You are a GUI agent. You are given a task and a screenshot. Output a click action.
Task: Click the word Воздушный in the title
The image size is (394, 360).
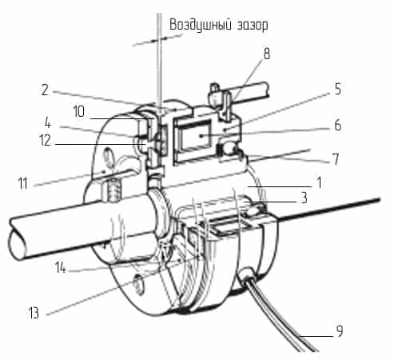pyautogui.click(x=201, y=26)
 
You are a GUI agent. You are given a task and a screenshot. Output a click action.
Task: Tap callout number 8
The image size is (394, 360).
pyautogui.click(x=267, y=54)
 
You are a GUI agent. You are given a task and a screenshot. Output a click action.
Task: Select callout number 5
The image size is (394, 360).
pyautogui.click(x=338, y=89)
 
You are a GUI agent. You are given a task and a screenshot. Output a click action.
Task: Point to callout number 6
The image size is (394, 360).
pyautogui.click(x=338, y=125)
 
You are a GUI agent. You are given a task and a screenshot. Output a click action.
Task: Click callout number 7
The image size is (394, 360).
pyautogui.click(x=336, y=159)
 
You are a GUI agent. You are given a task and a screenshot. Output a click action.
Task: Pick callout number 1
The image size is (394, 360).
pyautogui.click(x=319, y=183)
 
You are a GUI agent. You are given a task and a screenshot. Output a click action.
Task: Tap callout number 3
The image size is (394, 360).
pyautogui.click(x=304, y=198)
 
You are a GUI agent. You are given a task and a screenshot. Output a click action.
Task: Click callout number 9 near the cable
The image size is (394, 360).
pyautogui.click(x=340, y=331)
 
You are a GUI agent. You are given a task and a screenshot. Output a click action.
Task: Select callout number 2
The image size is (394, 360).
pyautogui.click(x=45, y=90)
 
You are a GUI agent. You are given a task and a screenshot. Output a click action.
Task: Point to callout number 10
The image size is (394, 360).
pyautogui.click(x=79, y=111)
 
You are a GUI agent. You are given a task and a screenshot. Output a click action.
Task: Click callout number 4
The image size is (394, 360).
pyautogui.click(x=47, y=123)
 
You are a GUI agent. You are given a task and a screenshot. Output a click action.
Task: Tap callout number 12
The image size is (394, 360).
pyautogui.click(x=45, y=140)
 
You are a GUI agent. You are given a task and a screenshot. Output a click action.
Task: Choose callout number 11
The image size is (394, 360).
pyautogui.click(x=22, y=183)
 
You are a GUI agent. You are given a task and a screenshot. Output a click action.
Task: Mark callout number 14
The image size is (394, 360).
pyautogui.click(x=61, y=267)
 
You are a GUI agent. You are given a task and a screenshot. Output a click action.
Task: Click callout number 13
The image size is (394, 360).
pyautogui.click(x=34, y=313)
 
